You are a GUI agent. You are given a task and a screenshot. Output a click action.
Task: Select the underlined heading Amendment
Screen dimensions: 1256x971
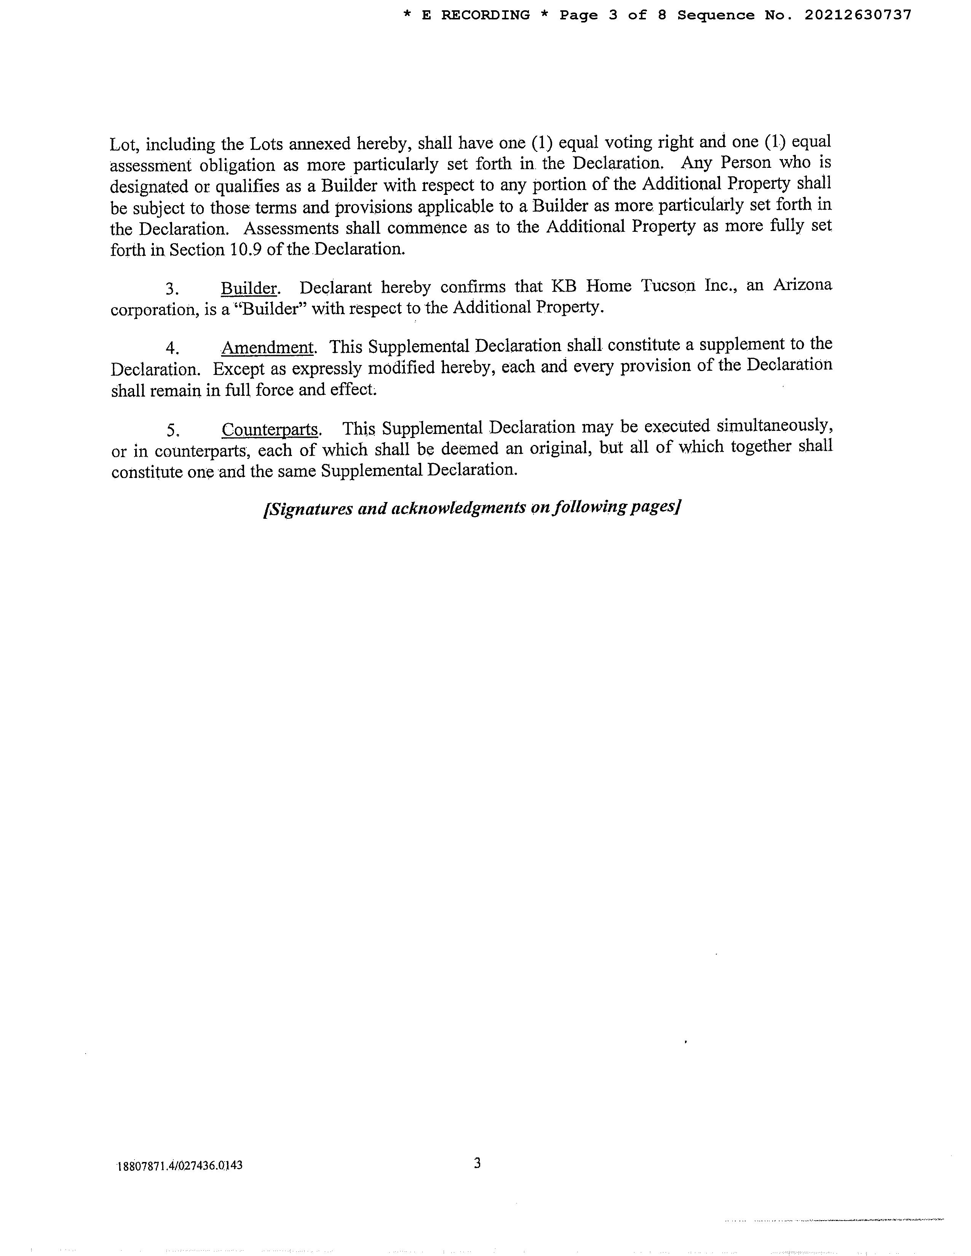click(x=267, y=347)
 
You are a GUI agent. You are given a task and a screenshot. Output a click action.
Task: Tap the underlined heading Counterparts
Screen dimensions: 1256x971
click(x=270, y=429)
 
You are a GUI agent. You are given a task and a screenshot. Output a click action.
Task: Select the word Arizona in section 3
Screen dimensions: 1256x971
click(x=802, y=285)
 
